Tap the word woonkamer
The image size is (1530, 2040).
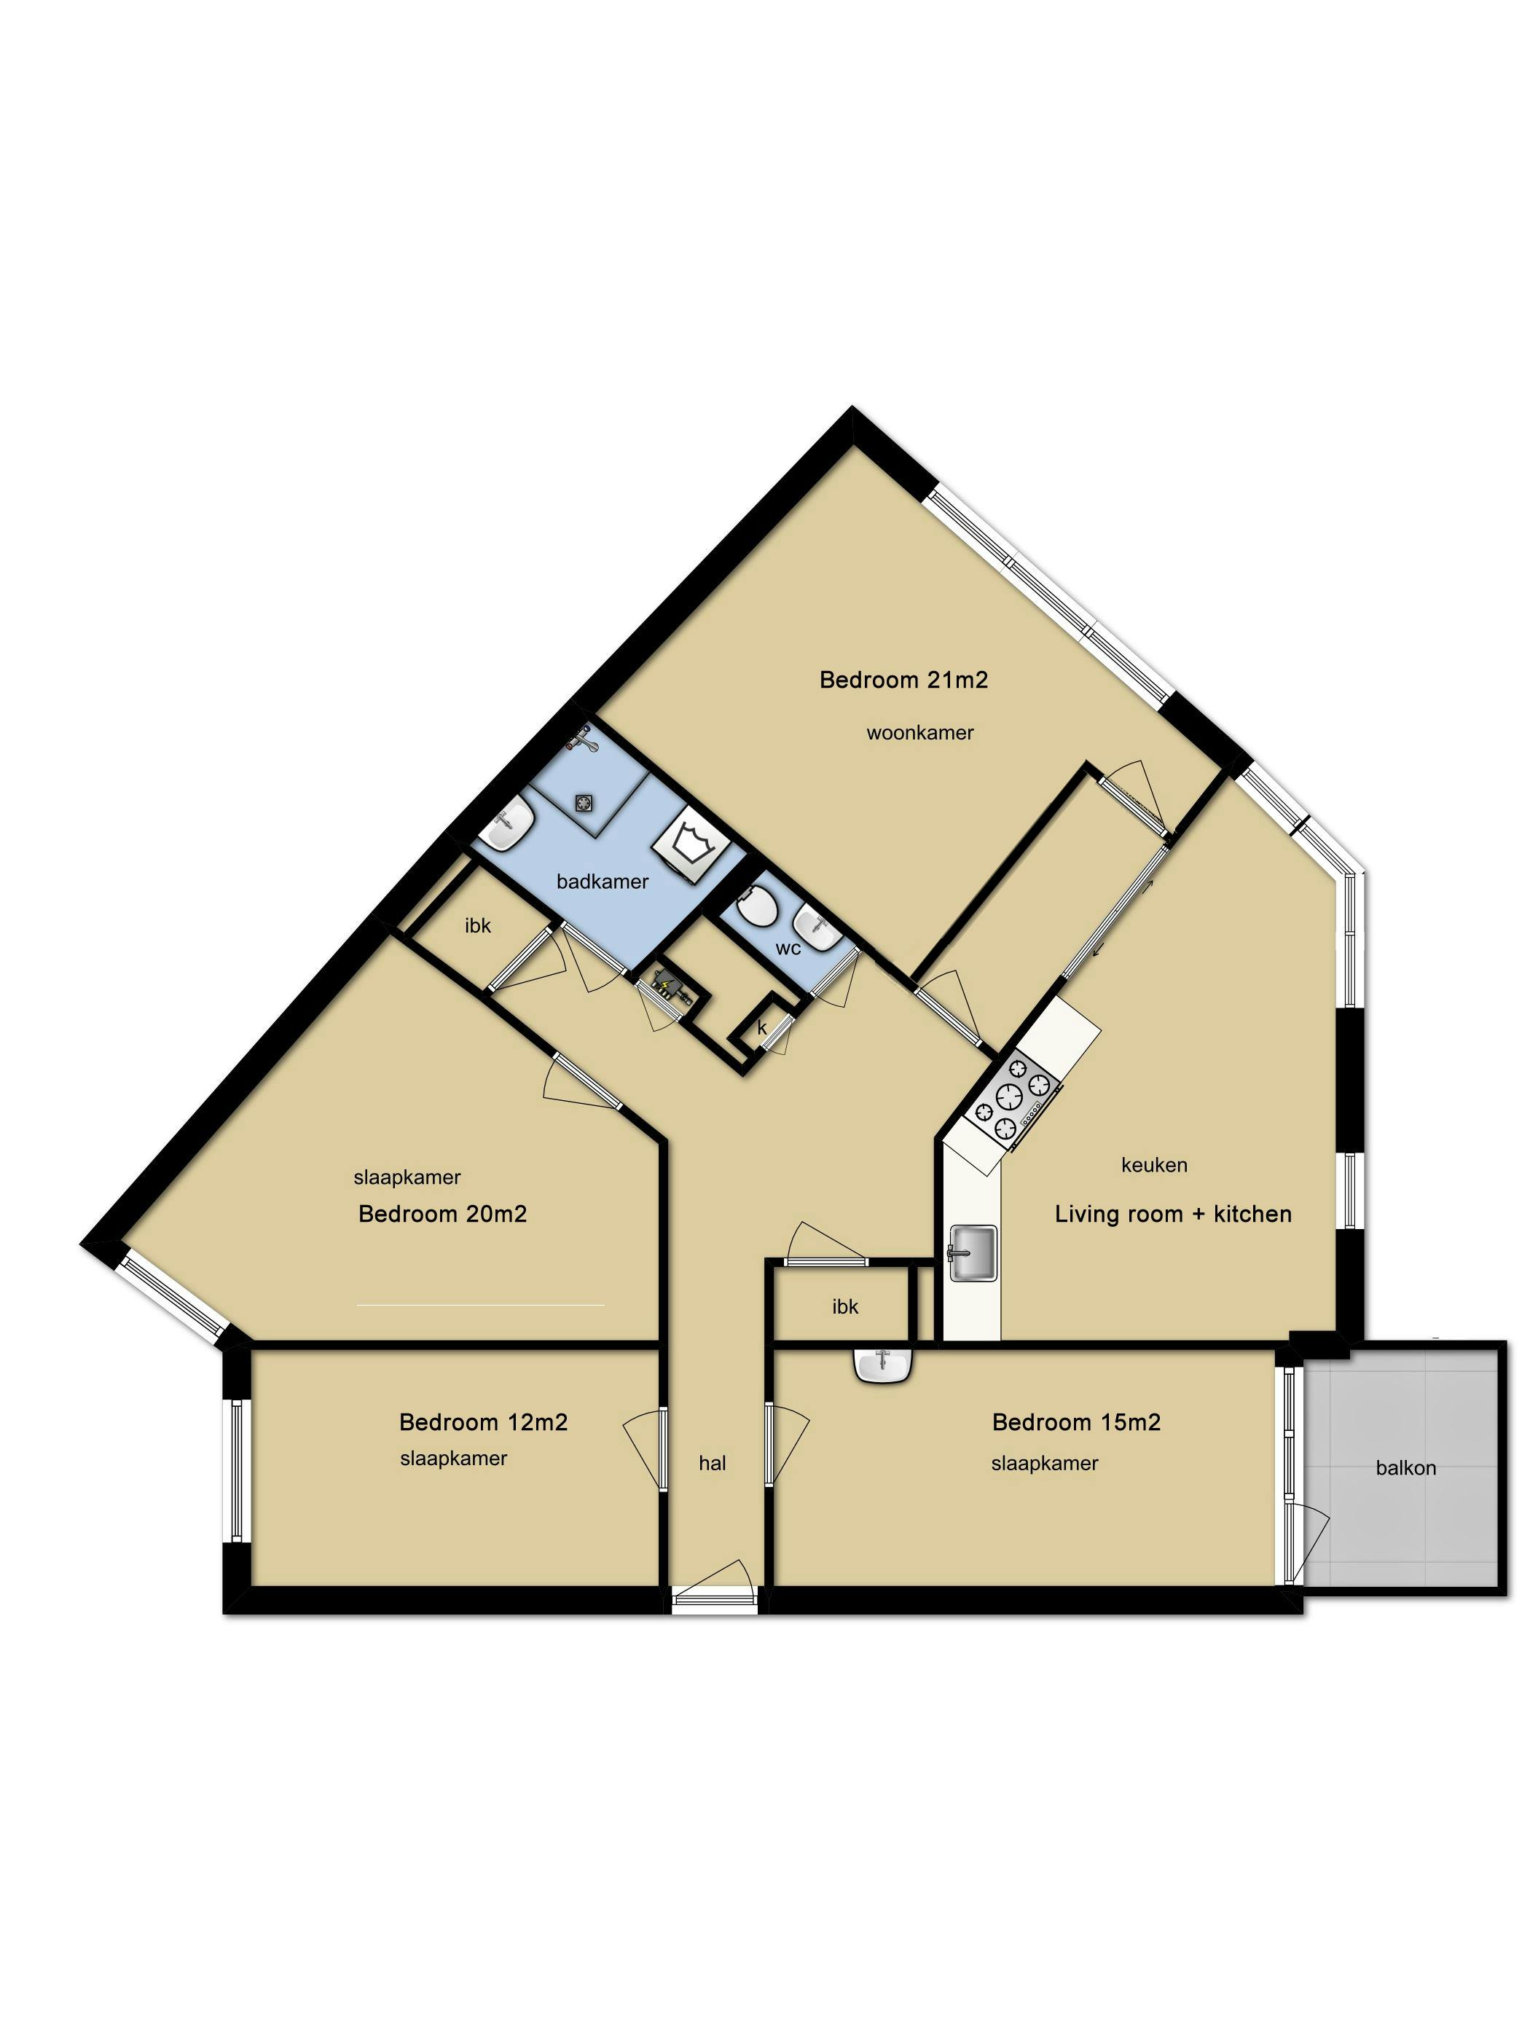919,732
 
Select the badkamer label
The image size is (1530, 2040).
603,881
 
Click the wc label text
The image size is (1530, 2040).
788,948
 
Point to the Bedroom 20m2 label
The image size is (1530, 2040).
443,1214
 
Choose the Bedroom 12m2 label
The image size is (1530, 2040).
483,1422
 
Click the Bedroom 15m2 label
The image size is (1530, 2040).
1076,1422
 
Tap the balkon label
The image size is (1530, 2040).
1405,1467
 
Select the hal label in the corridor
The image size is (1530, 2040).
712,1463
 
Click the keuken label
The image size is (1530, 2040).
1154,1165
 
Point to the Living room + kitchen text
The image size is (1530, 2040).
1173,1214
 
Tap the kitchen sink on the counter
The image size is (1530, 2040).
973,1252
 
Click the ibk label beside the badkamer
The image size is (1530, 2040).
478,925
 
